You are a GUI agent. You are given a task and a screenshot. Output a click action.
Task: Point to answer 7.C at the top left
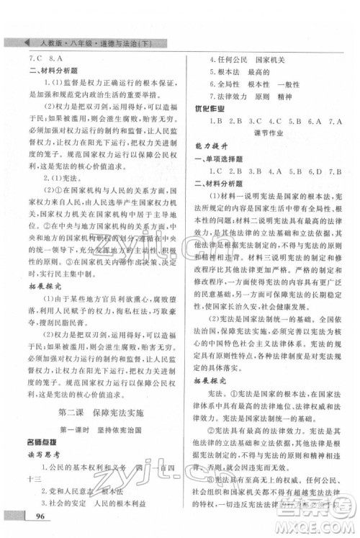click(x=35, y=58)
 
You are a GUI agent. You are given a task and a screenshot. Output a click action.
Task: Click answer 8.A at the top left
click(x=57, y=58)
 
